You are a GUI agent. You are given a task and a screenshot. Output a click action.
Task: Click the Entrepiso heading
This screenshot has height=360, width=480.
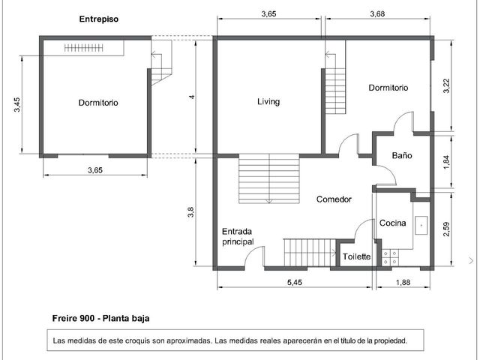click(98, 19)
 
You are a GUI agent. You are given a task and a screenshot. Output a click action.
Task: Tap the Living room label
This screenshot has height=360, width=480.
click(268, 102)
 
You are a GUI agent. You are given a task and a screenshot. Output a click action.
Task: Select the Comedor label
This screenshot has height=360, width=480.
click(334, 199)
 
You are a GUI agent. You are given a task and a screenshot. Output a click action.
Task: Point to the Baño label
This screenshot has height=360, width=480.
click(402, 155)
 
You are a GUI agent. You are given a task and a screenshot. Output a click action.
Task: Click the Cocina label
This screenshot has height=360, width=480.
click(393, 223)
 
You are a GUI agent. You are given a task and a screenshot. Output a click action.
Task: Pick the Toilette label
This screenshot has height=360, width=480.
click(357, 256)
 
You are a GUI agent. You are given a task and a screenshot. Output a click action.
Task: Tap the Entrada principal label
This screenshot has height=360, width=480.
click(238, 237)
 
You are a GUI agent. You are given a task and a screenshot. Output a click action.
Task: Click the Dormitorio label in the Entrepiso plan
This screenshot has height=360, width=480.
click(98, 103)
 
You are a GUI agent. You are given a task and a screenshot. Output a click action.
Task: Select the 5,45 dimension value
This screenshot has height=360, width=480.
click(295, 282)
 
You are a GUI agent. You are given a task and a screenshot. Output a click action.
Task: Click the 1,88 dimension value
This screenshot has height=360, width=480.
click(403, 282)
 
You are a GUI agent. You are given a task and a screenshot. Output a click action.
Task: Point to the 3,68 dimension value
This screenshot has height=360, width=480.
click(377, 13)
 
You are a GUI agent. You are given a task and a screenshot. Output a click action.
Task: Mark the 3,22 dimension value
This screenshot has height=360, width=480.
click(447, 86)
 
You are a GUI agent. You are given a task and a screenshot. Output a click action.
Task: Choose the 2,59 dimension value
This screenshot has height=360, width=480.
click(447, 229)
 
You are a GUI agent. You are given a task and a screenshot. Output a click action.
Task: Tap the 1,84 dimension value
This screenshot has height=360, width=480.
click(447, 162)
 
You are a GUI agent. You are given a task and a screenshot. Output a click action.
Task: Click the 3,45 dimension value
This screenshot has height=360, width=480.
click(16, 105)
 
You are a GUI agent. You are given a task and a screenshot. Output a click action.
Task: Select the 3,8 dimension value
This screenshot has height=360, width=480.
click(190, 212)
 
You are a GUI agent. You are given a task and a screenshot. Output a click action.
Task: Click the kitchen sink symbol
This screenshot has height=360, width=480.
click(421, 225)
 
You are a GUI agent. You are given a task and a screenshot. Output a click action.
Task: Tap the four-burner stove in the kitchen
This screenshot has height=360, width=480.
click(390, 258)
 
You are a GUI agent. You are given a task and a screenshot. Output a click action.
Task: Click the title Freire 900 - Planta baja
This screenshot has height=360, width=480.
click(100, 318)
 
